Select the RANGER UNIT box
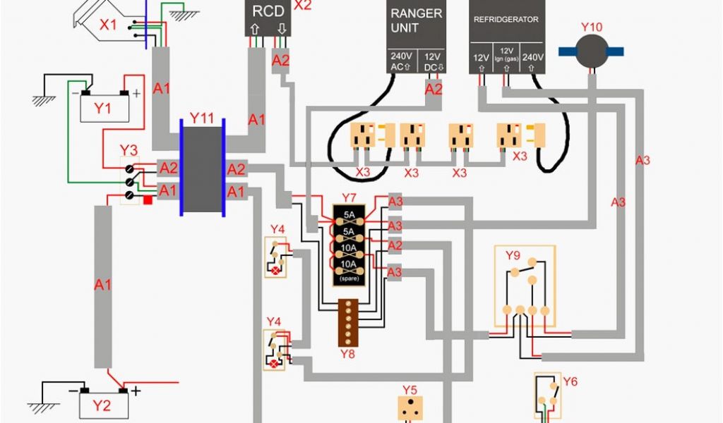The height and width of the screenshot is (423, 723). tap(417, 35)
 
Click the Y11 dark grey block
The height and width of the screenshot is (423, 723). tap(203, 168)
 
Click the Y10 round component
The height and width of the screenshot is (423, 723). tap(592, 51)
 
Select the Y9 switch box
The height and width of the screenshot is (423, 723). tap(525, 286)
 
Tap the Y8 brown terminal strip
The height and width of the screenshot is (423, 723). tap(349, 321)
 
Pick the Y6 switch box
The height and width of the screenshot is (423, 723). tap(547, 398)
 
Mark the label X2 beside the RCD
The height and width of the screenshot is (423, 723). tap(302, 6)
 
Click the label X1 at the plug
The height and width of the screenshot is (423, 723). tap(108, 25)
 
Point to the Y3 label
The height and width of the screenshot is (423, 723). tap(129, 150)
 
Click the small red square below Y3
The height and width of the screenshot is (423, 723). tap(148, 200)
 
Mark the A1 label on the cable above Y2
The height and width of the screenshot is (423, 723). tap(103, 285)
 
